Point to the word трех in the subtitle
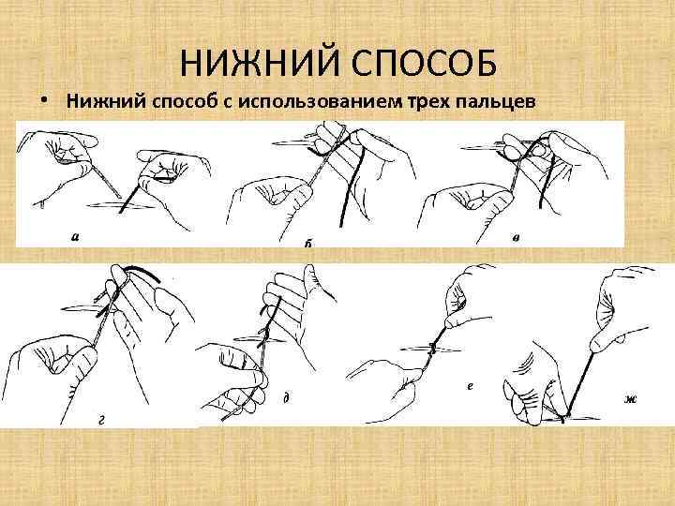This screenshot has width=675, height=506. (428, 102)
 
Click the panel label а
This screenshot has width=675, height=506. (75, 236)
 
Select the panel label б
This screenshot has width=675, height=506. (307, 242)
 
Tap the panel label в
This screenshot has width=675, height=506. (517, 236)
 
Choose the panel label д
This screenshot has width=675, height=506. (285, 397)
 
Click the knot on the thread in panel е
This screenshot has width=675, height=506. (432, 348)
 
